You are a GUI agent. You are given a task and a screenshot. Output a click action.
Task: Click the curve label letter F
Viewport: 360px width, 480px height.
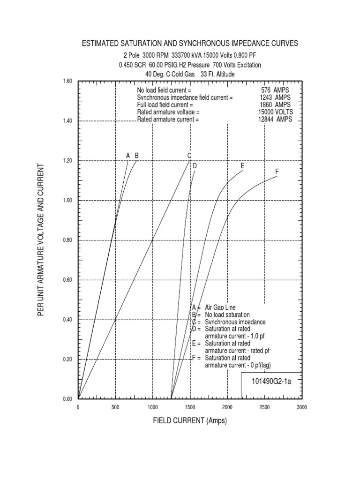277,172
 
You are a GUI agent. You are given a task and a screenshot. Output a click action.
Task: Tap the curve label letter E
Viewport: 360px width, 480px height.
242,165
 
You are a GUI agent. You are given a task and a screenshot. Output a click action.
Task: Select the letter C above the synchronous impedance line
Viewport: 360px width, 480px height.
189,156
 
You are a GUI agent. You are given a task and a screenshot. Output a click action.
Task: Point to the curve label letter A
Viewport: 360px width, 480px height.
127,156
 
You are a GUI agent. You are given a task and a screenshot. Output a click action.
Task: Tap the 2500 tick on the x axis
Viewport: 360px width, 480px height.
265,407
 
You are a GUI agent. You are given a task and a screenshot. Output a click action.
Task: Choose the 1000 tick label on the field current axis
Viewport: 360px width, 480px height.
153,407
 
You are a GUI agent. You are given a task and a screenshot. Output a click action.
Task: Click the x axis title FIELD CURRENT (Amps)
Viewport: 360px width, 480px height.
190,421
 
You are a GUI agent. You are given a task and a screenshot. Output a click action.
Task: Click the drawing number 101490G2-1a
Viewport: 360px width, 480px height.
272,381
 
